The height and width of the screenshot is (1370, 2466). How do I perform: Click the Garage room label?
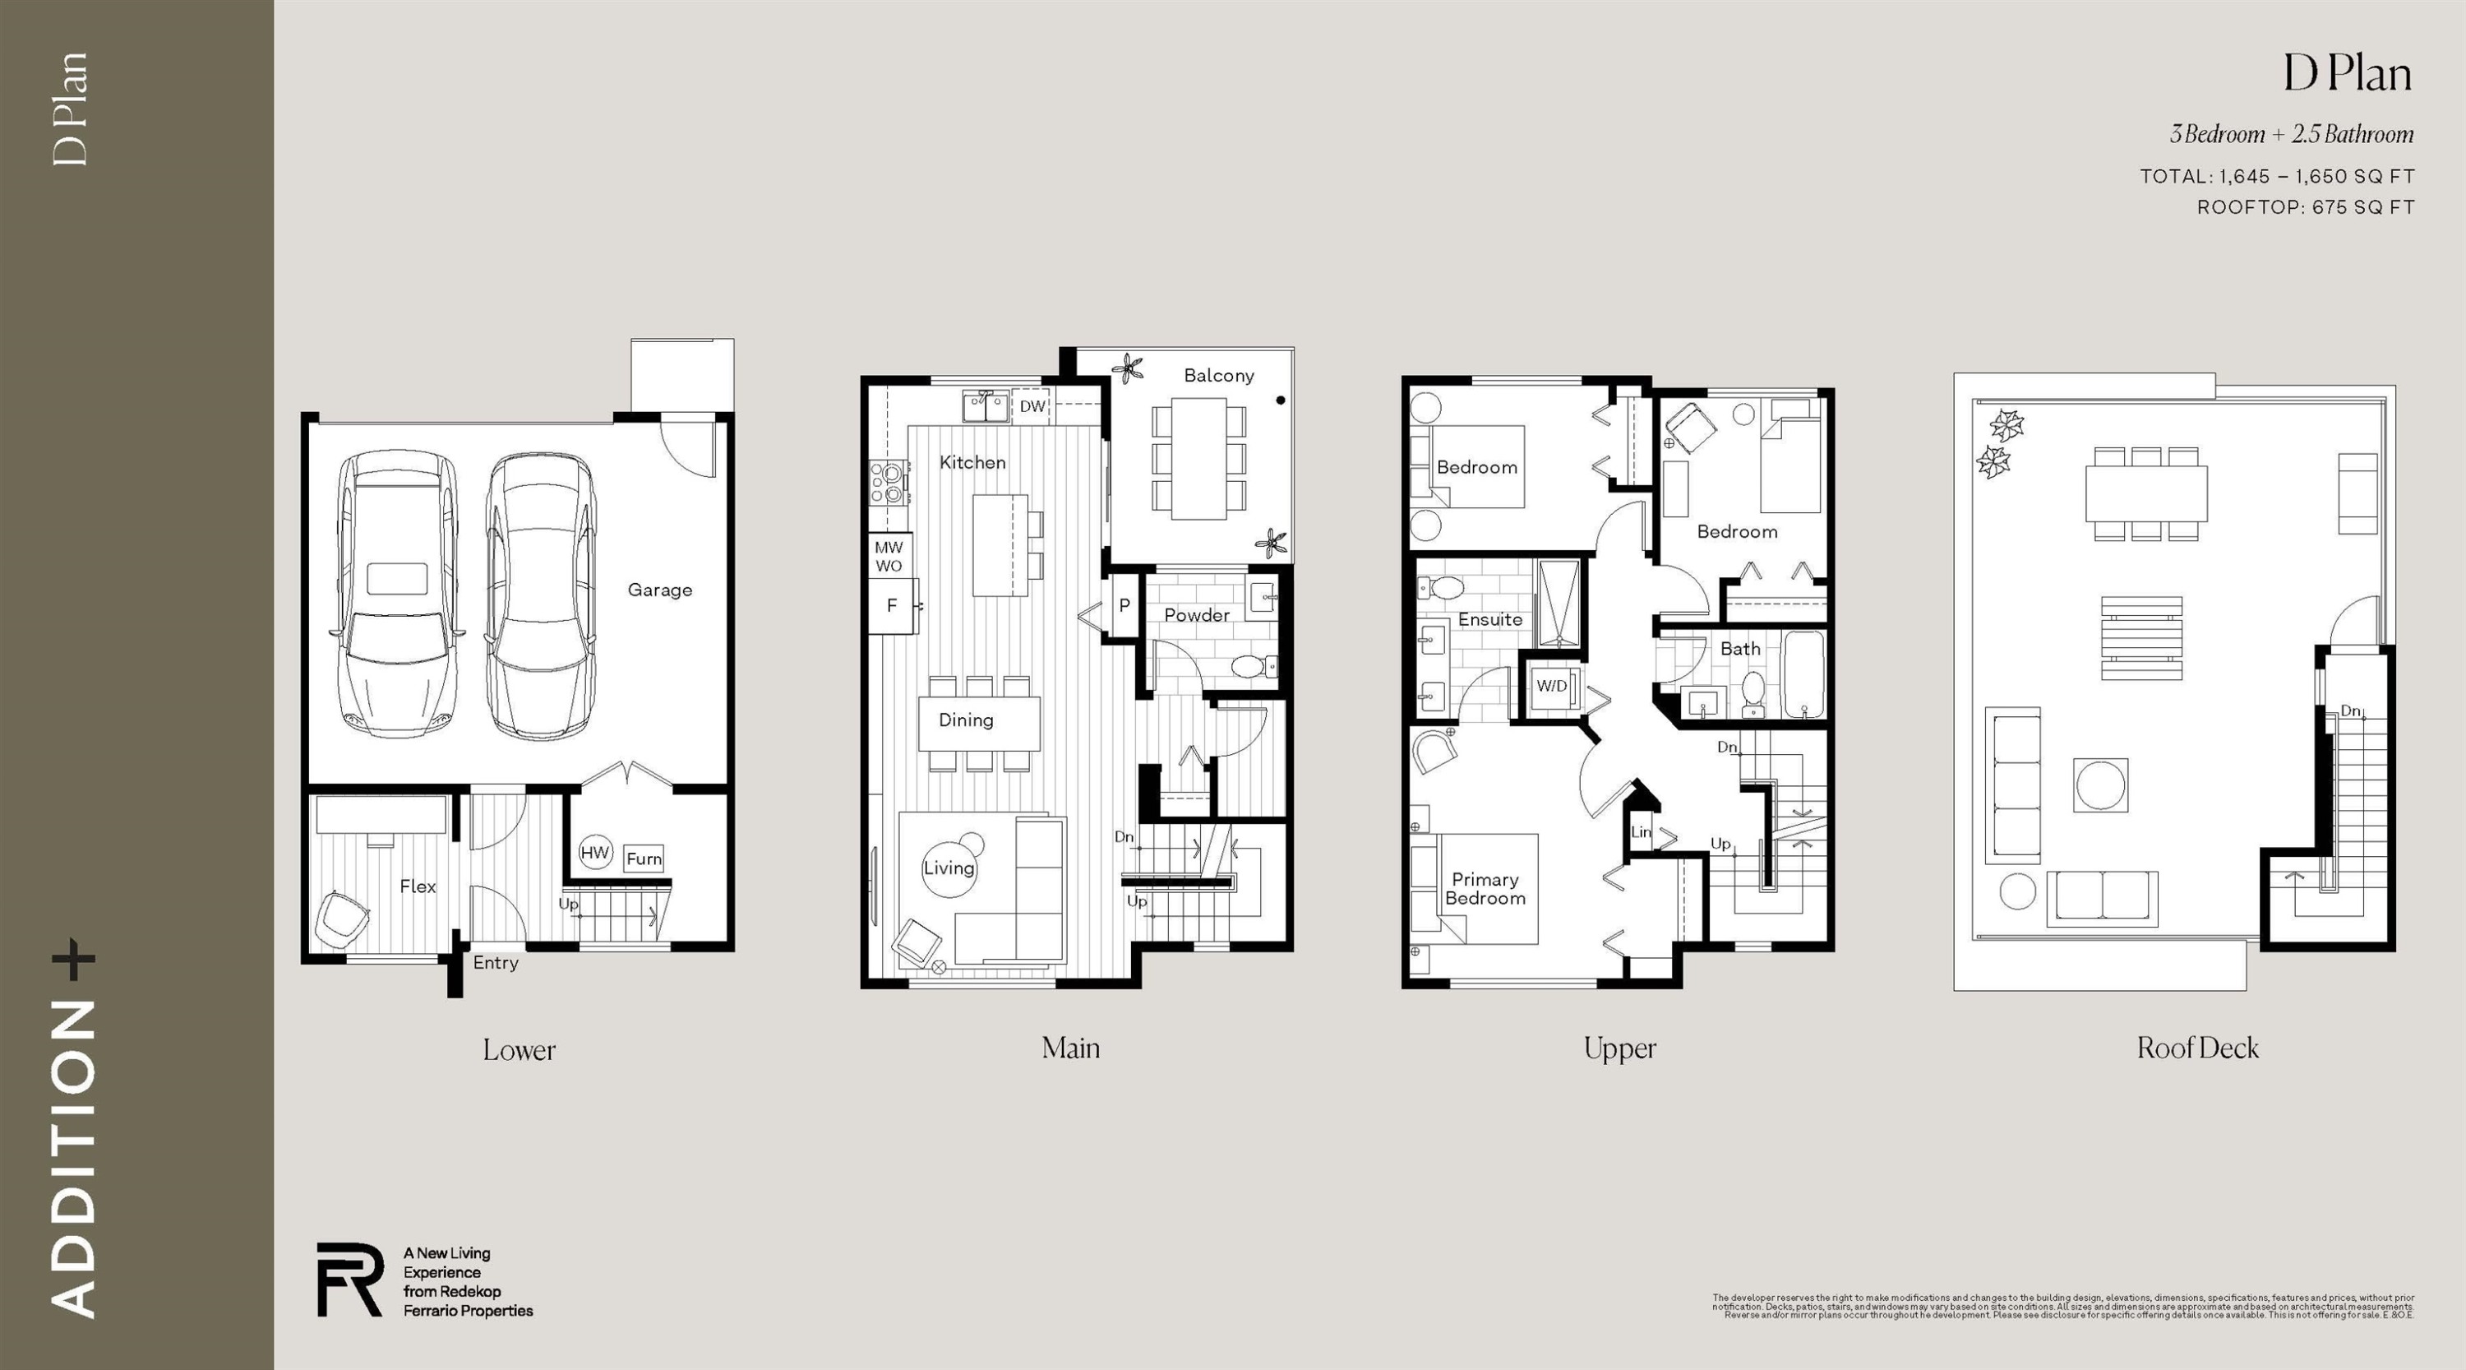click(x=659, y=590)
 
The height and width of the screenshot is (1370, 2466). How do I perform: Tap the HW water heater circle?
click(x=594, y=852)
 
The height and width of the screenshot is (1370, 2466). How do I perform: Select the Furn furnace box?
click(x=644, y=859)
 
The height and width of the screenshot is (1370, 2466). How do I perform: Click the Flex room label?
click(x=418, y=886)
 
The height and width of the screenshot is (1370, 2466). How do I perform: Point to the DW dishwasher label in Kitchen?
click(x=1032, y=406)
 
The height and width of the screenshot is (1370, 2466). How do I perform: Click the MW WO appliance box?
click(x=889, y=556)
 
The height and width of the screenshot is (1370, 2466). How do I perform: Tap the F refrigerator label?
click(x=892, y=605)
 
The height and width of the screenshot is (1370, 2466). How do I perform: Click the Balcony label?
click(x=1219, y=375)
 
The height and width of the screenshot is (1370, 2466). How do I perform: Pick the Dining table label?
click(x=966, y=720)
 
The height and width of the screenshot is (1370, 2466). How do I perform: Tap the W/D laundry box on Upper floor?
click(x=1552, y=686)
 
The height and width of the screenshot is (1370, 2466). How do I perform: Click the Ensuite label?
click(x=1489, y=619)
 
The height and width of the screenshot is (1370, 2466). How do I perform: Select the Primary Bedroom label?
click(x=1485, y=888)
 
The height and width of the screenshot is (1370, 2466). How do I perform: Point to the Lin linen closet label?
click(x=1641, y=832)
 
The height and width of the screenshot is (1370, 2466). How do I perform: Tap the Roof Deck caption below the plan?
click(x=2197, y=1048)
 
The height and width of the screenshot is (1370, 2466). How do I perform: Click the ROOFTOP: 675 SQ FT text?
click(x=2305, y=206)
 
